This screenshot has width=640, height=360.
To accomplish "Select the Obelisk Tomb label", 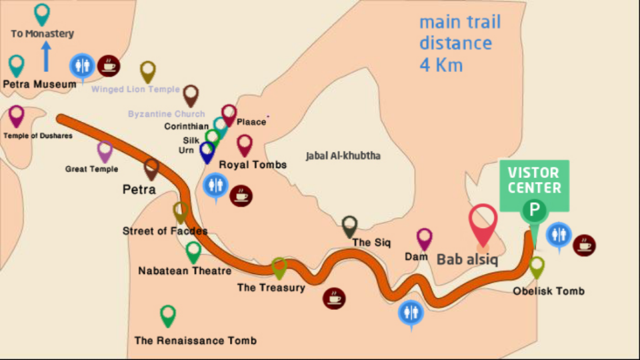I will [549, 291].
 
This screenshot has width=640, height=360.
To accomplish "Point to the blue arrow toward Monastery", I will [46, 57].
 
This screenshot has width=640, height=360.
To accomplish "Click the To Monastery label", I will [42, 33].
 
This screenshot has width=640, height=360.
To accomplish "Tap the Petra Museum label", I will [39, 85].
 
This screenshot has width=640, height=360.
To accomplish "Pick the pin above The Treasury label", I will [279, 267].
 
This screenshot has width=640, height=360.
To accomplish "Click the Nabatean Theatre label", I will [185, 271].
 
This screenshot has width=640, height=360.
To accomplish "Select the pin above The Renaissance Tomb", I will [168, 315].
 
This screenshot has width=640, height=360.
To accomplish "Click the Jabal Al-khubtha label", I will [343, 156].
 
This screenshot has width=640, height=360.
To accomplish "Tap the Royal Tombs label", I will [253, 165].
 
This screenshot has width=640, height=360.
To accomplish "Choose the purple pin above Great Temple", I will [105, 151].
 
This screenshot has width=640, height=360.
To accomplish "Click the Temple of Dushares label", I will [37, 136].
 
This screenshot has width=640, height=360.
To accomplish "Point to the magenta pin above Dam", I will [425, 238].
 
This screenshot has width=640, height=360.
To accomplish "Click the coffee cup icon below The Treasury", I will [334, 298].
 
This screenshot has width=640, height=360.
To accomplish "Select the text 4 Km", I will [441, 65].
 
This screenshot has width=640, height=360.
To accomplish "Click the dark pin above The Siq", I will [349, 225].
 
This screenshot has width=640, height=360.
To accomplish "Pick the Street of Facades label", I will [165, 231].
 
